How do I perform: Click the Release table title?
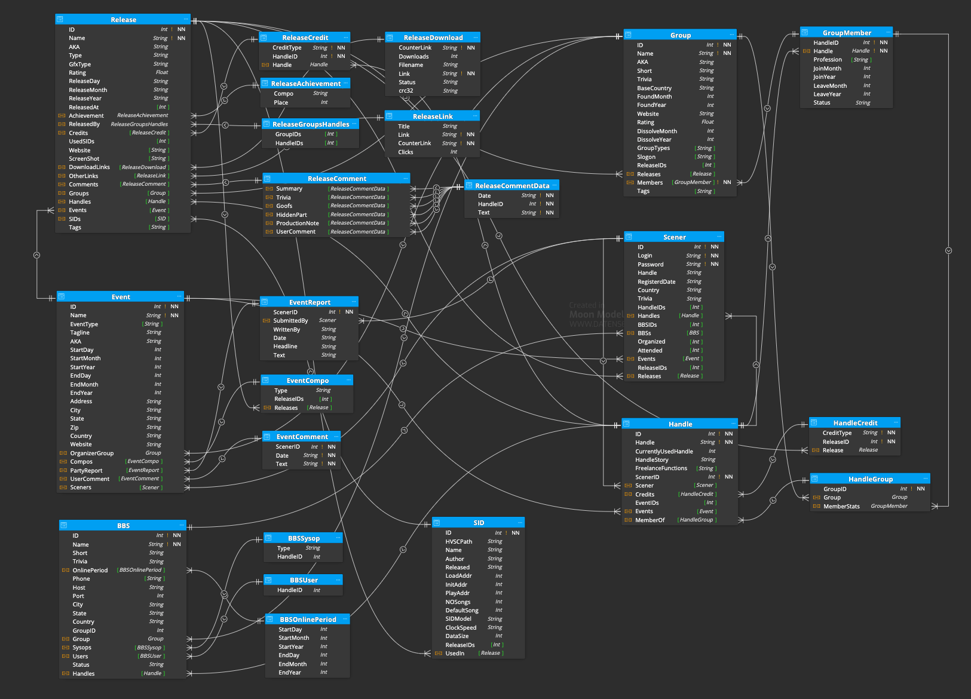click(123, 20)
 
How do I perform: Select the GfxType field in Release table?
click(80, 64)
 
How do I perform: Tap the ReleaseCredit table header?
click(305, 38)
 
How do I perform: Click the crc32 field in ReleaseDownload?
click(406, 91)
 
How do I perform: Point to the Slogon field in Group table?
click(646, 157)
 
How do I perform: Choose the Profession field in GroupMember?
click(828, 60)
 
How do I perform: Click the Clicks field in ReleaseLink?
click(406, 152)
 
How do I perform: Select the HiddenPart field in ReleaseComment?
click(292, 215)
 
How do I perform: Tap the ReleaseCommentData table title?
click(512, 186)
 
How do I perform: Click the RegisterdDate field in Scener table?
click(657, 281)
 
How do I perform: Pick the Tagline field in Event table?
click(80, 333)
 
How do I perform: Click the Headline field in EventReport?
click(286, 347)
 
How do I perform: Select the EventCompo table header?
click(307, 381)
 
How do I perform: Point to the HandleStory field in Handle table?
click(652, 460)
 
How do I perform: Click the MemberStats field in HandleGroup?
click(841, 507)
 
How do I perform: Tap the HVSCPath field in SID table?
click(459, 542)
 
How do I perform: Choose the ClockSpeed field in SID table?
click(461, 628)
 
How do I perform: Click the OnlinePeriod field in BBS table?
click(90, 571)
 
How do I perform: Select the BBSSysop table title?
click(304, 538)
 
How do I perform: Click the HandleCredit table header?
click(855, 423)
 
